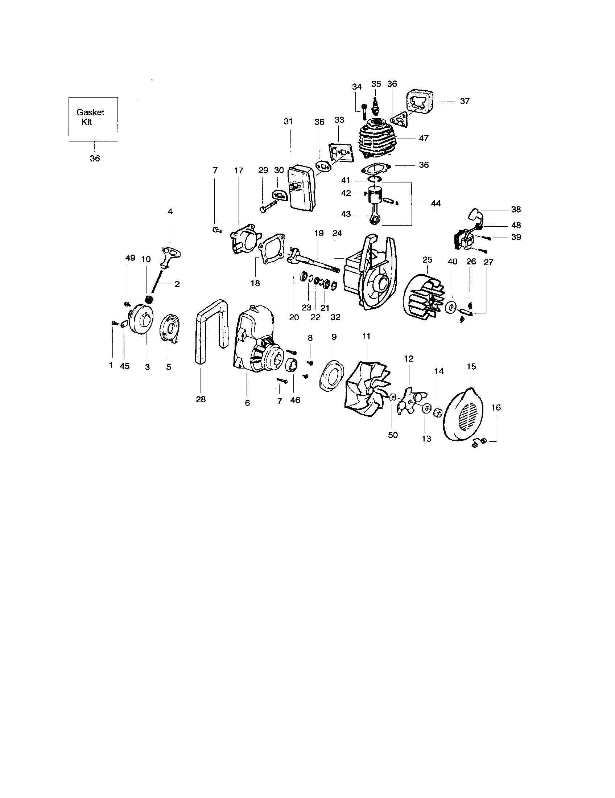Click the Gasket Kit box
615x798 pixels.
click(93, 119)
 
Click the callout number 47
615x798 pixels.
click(424, 139)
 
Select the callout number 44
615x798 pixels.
click(436, 203)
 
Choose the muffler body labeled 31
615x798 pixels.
click(299, 192)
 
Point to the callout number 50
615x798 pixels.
click(393, 435)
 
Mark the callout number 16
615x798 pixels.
click(496, 407)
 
